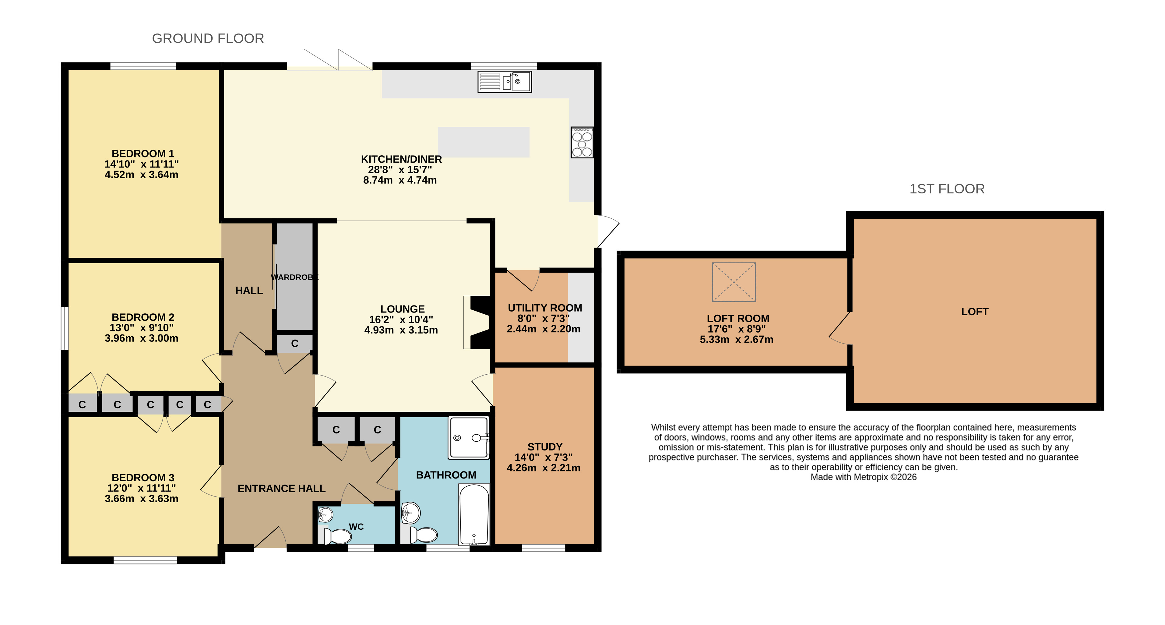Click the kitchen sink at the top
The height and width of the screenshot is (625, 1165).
click(505, 82)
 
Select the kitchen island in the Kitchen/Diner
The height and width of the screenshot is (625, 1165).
click(484, 142)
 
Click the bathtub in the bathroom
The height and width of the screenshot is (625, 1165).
click(474, 515)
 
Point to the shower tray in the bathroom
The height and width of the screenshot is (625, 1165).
click(469, 437)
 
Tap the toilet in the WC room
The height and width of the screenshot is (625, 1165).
click(337, 536)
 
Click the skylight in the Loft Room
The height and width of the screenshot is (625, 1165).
click(734, 282)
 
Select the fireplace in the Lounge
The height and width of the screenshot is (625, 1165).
click(477, 323)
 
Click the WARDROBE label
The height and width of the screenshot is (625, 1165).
click(295, 277)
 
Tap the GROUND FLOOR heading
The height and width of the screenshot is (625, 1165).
click(208, 38)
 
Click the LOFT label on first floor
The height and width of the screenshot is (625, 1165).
click(975, 312)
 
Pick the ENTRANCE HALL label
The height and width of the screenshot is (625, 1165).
click(281, 489)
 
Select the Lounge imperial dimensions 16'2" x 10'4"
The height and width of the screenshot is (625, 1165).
click(401, 319)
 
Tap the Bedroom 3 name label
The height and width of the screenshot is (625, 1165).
click(143, 478)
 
